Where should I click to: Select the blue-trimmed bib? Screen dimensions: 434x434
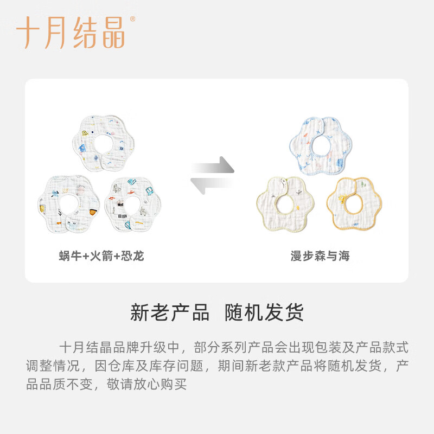[320, 142]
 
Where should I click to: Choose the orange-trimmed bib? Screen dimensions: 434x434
[354, 204]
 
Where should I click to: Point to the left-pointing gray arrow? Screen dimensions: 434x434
[212, 185]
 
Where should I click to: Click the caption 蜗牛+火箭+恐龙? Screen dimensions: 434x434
[101, 256]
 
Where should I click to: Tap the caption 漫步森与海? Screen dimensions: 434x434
[319, 256]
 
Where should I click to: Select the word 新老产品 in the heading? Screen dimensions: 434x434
[169, 313]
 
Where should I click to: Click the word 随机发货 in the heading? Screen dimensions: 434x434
[264, 313]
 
